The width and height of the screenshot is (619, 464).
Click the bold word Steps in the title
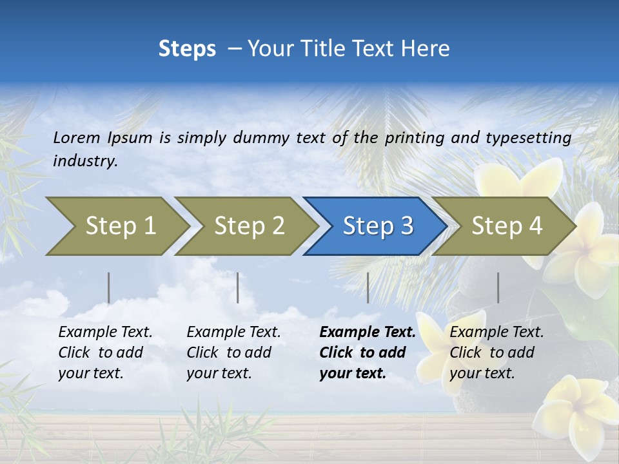tap(187, 49)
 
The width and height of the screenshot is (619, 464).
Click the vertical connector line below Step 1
tap(109, 287)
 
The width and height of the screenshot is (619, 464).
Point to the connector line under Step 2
tap(238, 287)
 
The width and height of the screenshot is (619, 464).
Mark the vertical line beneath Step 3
tap(368, 287)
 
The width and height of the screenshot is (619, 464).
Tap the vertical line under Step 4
tap(498, 287)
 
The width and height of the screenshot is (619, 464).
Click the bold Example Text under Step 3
tap(368, 353)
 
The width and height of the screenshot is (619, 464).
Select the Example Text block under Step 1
tap(105, 353)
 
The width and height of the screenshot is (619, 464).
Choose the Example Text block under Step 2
tap(233, 353)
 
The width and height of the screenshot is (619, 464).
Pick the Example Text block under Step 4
tap(496, 353)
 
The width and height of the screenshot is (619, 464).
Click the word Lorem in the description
tap(77, 137)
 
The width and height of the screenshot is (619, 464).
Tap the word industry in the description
tap(84, 161)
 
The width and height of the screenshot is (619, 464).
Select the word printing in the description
tap(415, 137)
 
